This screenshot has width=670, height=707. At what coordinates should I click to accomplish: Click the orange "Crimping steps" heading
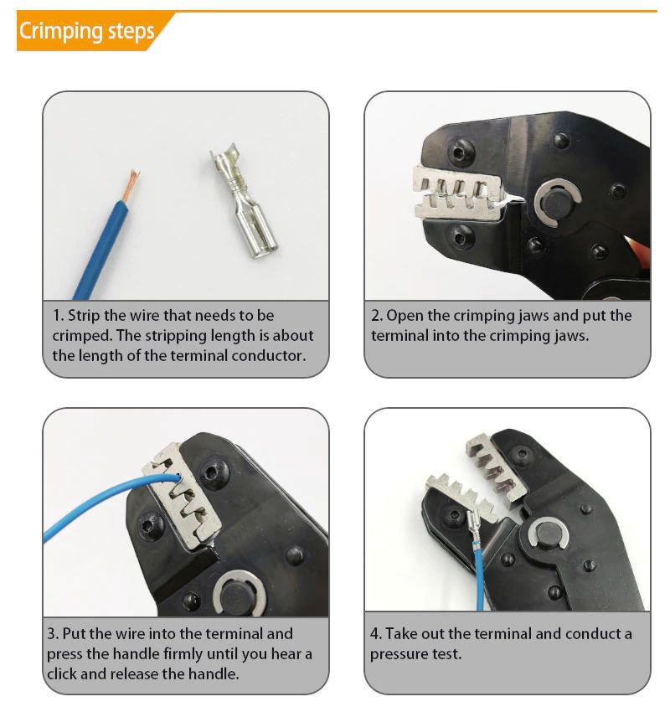[86, 31]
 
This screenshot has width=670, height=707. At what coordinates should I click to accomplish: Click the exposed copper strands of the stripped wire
[131, 186]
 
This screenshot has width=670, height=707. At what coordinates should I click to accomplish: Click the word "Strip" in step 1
[84, 315]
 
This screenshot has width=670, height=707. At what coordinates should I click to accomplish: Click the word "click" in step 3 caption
[63, 674]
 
